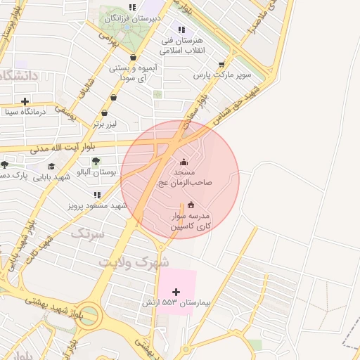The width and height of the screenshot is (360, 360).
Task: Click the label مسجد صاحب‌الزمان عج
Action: point(189,176)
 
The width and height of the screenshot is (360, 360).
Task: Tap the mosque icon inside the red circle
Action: point(184,162)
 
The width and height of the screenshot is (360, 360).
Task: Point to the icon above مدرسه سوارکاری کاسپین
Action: point(191,205)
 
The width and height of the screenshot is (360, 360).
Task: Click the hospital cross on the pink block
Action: point(176,292)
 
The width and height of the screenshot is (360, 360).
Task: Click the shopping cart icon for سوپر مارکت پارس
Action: point(222,64)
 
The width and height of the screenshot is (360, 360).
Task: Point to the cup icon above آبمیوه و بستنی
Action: point(133,58)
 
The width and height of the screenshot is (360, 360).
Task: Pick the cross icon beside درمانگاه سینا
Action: point(25,101)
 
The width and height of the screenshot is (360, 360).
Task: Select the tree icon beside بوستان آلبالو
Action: point(96,161)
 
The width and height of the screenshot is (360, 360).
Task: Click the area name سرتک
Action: point(88,233)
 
